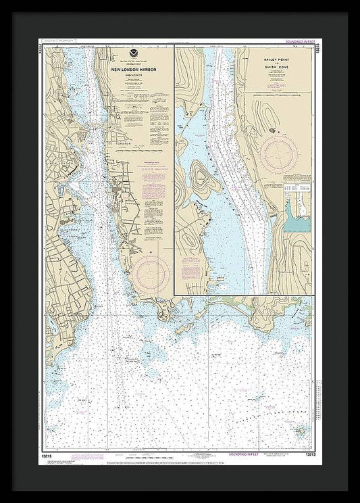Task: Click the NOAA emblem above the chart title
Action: click(x=130, y=52)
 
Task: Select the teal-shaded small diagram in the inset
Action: click(x=296, y=216)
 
